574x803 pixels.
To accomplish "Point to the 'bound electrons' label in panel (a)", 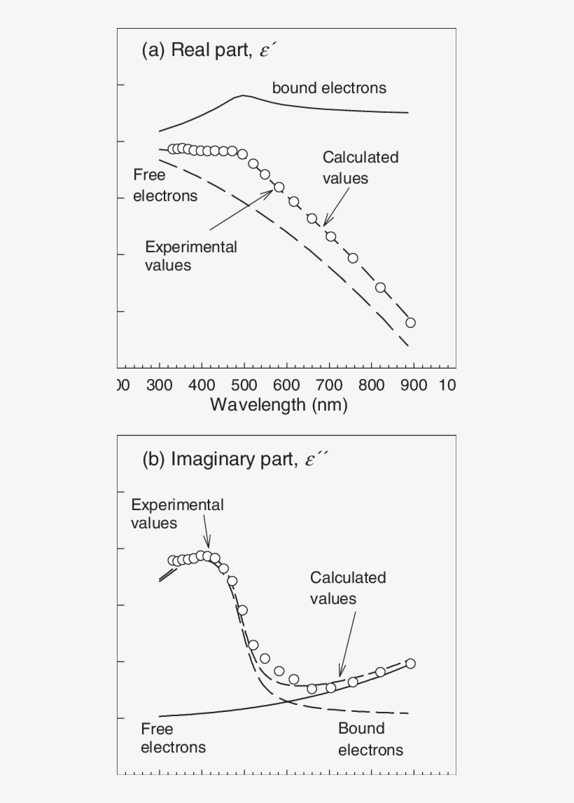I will (329, 88).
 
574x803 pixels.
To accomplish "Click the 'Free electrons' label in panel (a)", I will (165, 186).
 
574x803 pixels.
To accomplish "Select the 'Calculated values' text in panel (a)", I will (360, 167).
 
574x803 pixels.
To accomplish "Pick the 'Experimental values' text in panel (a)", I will (190, 256).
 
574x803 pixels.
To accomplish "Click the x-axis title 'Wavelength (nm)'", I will (279, 405).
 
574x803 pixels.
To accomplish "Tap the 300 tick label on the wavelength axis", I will (160, 385).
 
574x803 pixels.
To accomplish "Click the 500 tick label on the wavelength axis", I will (244, 385).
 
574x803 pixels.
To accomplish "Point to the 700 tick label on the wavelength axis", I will (330, 385).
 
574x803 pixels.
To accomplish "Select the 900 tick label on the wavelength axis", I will (414, 385).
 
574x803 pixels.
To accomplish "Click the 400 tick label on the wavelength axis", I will (202, 385).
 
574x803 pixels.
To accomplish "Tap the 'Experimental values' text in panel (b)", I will (177, 514).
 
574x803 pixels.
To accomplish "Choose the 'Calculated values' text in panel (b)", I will (348, 588).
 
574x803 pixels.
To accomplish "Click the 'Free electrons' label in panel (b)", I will (173, 738).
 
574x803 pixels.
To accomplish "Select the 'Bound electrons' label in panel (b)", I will (370, 739).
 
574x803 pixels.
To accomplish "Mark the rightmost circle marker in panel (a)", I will (410, 322).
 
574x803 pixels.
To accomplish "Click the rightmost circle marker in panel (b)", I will (410, 663).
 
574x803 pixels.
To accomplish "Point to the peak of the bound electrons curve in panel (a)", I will (243, 95).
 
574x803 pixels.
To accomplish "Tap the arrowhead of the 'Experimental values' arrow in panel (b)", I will (208, 544).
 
